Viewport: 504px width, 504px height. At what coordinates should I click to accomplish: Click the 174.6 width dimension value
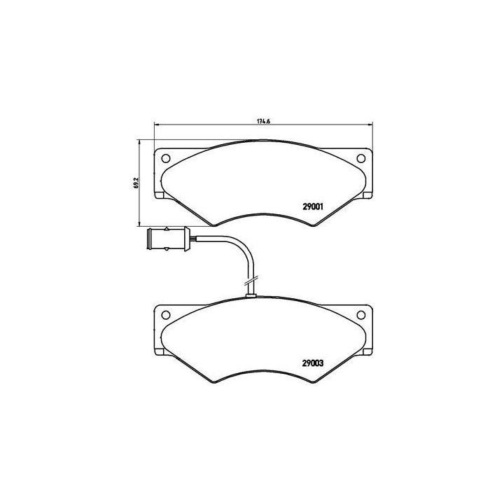[263, 122]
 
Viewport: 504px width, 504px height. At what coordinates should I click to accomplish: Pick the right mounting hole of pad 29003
[361, 314]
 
